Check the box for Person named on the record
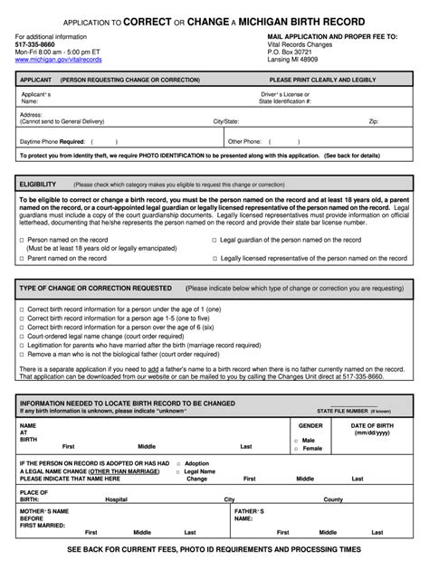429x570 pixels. click(22, 240)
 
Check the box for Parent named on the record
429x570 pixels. click(22, 258)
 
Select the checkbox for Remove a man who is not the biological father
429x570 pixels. click(22, 355)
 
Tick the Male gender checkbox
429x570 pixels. click(295, 441)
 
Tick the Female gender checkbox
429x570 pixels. click(295, 449)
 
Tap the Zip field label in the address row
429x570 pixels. click(373, 119)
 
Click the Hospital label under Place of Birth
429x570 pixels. click(116, 499)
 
